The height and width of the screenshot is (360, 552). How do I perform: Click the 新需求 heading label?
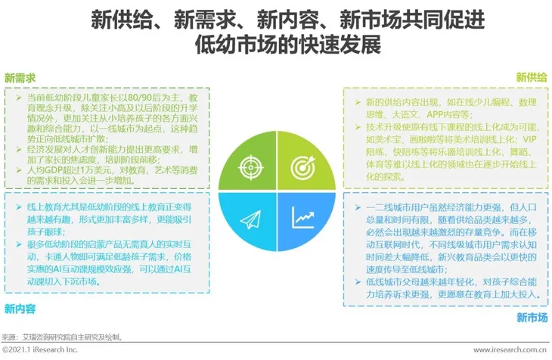[x=20, y=79]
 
